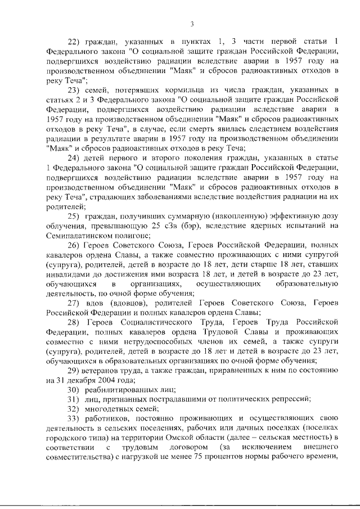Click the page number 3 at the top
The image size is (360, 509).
(191, 24)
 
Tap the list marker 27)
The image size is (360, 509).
(75, 303)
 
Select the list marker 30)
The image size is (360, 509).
(75, 390)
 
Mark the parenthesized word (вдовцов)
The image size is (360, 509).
(123, 303)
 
